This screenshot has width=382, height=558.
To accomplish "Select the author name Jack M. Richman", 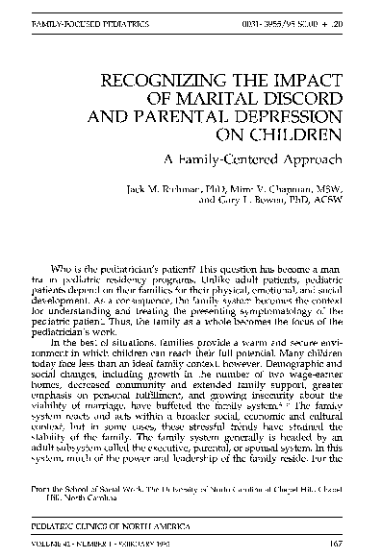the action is [160, 191].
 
